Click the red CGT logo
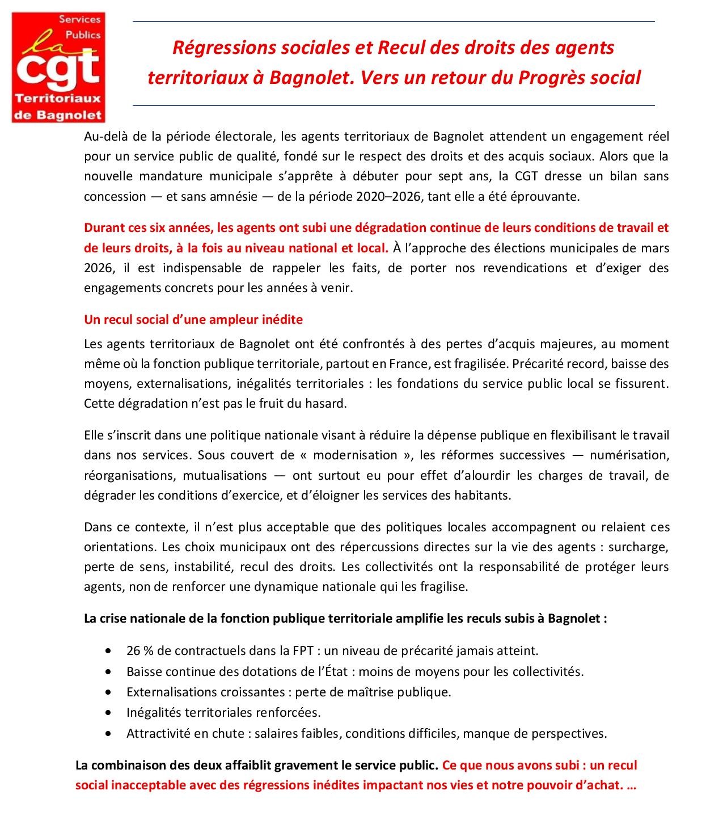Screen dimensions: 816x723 [58, 68]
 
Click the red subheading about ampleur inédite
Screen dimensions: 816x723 [193, 319]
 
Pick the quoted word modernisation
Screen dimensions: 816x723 [355, 455]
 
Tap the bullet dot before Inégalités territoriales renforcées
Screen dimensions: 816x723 [108, 712]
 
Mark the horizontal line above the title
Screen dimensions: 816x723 [394, 22]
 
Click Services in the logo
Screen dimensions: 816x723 [80, 19]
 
